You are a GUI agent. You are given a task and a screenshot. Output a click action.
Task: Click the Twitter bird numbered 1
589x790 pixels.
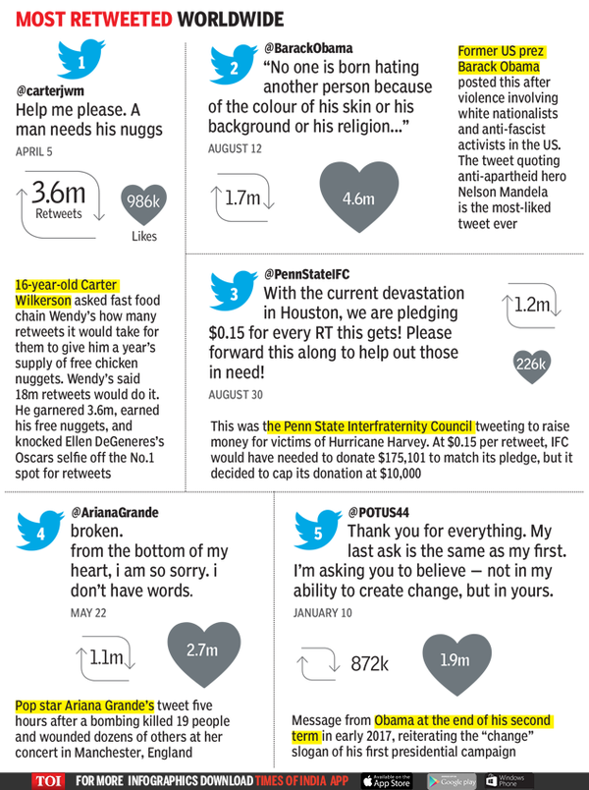[x=81, y=62]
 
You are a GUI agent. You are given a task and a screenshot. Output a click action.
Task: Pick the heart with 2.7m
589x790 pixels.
[x=201, y=649]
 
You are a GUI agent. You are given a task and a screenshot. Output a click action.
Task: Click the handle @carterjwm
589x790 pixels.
[x=48, y=90]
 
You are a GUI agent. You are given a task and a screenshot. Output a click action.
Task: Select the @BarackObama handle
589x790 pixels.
[x=308, y=46]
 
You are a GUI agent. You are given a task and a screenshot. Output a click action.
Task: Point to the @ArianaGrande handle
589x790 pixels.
[x=114, y=512]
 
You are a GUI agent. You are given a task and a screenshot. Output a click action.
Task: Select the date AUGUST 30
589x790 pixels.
[x=236, y=393]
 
